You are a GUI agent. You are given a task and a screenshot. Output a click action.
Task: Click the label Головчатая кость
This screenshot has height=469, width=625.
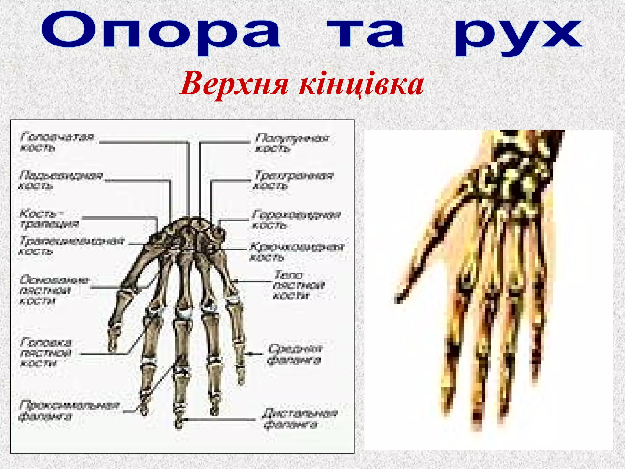click(56, 142)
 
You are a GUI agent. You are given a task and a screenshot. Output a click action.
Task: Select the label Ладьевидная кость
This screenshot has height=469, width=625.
click(60, 180)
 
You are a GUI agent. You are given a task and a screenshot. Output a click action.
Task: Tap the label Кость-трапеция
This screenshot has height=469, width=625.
click(49, 219)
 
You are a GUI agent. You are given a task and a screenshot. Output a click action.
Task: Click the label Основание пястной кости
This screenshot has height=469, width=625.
click(54, 290)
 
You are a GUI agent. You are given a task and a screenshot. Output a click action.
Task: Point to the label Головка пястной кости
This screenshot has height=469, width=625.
click(46, 353)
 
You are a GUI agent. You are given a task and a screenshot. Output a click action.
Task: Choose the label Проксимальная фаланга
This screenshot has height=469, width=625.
click(69, 411)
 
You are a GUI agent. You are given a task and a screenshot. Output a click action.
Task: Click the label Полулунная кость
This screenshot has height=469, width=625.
click(292, 143)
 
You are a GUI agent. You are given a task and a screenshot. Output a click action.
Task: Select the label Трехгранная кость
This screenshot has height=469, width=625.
click(293, 180)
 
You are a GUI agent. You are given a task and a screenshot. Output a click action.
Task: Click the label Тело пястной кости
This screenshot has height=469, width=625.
click(298, 285)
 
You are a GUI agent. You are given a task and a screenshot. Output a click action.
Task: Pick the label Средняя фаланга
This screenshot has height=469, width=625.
click(295, 354)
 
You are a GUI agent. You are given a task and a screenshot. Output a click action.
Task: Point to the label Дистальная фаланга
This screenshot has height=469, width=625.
click(300, 419)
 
